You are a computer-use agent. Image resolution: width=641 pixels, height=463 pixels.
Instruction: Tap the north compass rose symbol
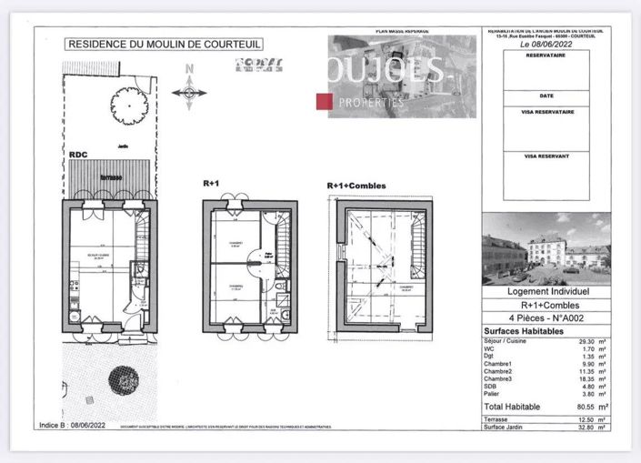189,91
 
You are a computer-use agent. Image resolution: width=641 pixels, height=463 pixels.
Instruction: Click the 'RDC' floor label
78,156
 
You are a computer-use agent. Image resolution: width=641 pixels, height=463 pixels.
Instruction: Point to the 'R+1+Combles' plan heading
356,186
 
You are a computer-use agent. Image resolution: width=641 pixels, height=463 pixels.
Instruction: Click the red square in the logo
323,102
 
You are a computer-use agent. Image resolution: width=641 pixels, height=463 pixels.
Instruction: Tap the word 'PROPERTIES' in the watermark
371,103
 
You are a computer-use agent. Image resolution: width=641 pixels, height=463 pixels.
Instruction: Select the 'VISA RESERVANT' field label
546,156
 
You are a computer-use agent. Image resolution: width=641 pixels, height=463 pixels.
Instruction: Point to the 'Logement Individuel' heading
546,292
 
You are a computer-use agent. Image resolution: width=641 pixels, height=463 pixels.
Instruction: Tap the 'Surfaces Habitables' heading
518,332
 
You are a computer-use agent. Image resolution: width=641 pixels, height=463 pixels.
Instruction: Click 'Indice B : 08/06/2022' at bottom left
72,425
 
